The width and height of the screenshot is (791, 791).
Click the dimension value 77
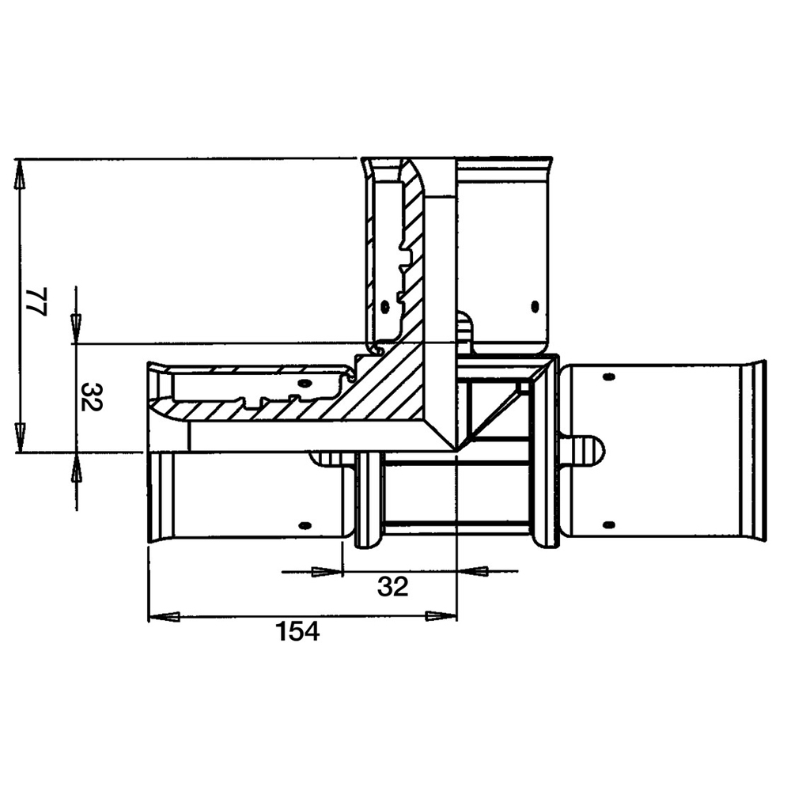(37, 301)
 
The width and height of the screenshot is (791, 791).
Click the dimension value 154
(297, 631)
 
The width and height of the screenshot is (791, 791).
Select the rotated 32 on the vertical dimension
(91, 397)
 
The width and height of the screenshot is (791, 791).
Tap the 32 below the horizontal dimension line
(392, 586)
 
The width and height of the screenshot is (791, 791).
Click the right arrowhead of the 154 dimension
(441, 616)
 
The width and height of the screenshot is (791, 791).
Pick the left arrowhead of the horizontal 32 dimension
(327, 572)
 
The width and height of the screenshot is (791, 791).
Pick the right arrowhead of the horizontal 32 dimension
(472, 572)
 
